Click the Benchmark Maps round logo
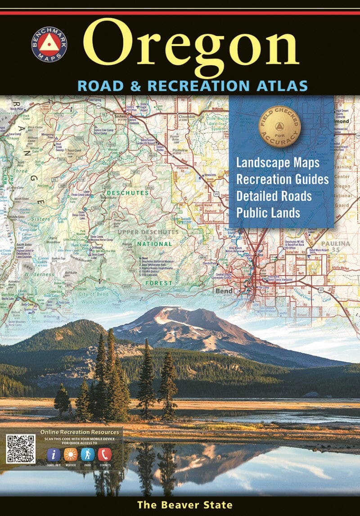(x=49, y=44)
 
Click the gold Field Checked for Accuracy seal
(x=279, y=130)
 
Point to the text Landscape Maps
(x=278, y=163)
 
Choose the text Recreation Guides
(x=282, y=179)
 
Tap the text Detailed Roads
(x=274, y=196)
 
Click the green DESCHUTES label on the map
(x=128, y=193)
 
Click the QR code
(x=21, y=449)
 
